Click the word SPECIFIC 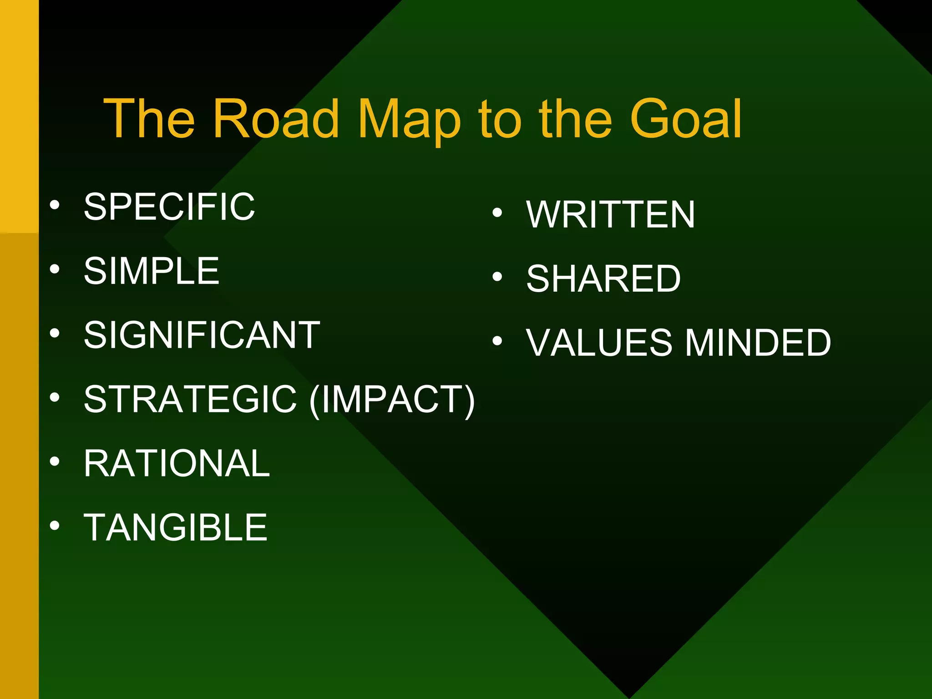coord(169,207)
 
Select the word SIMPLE coord(152,271)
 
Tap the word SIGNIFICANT coord(202,335)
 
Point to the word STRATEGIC coord(191,399)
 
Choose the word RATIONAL coord(177,463)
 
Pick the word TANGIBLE coord(176,527)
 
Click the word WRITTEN coord(611,214)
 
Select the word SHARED coord(603,279)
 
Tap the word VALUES coord(599,343)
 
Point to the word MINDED coord(758,343)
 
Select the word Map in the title coord(409,119)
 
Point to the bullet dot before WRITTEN coord(497,213)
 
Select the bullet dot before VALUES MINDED coord(497,341)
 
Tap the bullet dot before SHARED coord(497,277)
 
